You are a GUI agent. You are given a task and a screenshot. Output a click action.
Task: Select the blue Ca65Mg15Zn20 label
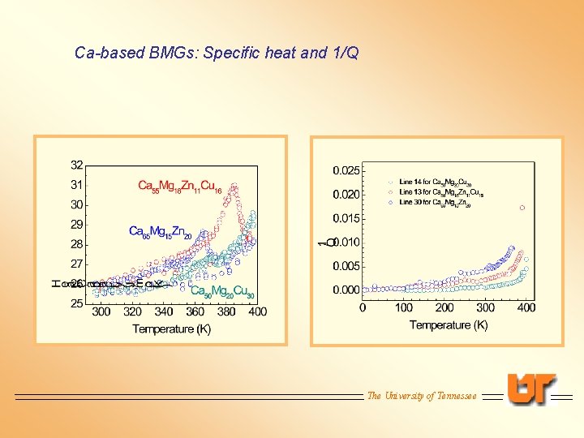160,232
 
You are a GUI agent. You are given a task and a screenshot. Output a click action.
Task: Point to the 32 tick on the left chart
76,165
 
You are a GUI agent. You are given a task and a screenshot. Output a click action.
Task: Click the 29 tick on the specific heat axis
76,225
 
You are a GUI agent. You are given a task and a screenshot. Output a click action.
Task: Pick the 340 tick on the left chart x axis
163,312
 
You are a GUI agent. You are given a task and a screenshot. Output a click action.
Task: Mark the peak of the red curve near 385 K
234,190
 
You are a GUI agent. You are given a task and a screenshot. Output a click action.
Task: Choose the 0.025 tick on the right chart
346,170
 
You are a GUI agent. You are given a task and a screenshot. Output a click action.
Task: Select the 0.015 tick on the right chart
346,218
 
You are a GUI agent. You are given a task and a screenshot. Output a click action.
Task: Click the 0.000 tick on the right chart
346,290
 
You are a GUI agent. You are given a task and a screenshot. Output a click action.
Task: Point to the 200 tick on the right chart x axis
444,308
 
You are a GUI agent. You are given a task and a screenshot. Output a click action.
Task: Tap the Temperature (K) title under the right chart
449,324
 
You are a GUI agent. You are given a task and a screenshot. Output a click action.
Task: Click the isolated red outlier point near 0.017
522,208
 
